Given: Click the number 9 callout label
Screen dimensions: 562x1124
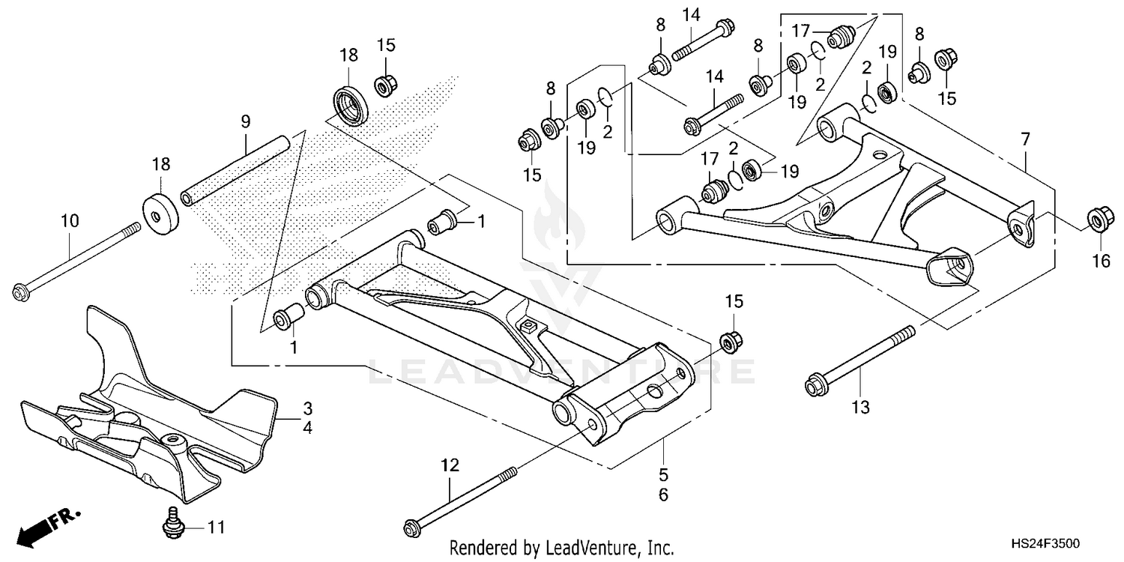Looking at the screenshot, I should click(x=244, y=121).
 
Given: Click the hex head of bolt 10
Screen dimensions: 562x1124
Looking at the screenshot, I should click(x=21, y=291).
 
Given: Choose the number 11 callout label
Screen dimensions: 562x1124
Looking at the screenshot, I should click(x=215, y=528).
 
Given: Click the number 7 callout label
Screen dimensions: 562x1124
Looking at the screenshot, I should click(x=1025, y=139).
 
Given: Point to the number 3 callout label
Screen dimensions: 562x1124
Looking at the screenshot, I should click(x=307, y=409).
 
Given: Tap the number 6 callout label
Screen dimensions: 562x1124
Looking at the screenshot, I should click(x=664, y=495).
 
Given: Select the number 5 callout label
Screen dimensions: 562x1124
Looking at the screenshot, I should click(x=664, y=474).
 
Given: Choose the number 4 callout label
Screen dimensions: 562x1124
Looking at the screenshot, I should click(x=307, y=428).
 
